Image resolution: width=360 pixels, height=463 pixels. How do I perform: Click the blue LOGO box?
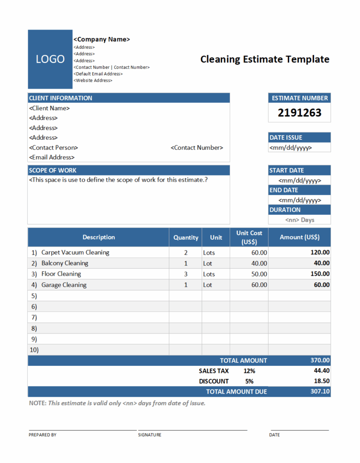pyautogui.click(x=50, y=59)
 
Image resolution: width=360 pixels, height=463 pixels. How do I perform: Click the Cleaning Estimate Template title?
pyautogui.click(x=265, y=59)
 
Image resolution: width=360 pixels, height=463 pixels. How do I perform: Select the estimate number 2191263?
pyautogui.click(x=300, y=113)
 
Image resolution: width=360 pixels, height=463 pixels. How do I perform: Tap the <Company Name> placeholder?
pyautogui.click(x=102, y=39)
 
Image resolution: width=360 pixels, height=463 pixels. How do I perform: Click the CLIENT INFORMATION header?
pyautogui.click(x=60, y=98)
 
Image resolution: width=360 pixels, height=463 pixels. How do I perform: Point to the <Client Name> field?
pyautogui.click(x=49, y=108)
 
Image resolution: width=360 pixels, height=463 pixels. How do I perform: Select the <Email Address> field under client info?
pyautogui.click(x=52, y=157)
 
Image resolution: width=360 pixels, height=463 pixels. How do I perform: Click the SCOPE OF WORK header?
pyautogui.click(x=52, y=170)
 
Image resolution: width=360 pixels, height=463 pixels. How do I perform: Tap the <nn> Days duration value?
pyautogui.click(x=300, y=220)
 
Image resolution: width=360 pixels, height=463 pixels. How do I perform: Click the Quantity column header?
pyautogui.click(x=186, y=237)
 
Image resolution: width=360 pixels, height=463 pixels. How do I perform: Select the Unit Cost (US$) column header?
pyautogui.click(x=249, y=237)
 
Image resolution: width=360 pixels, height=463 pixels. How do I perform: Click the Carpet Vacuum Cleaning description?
pyautogui.click(x=75, y=252)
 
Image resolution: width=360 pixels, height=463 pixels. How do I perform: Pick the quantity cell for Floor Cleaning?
pyautogui.click(x=186, y=274)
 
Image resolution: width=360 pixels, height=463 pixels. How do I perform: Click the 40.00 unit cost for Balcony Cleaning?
pyautogui.click(x=259, y=263)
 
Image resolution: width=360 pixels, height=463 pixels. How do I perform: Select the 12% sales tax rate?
pyautogui.click(x=249, y=371)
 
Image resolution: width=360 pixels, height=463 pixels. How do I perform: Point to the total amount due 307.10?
pyautogui.click(x=320, y=391)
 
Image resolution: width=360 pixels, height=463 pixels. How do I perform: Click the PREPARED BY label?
pyautogui.click(x=42, y=435)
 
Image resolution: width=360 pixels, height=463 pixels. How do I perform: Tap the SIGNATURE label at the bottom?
pyautogui.click(x=150, y=435)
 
